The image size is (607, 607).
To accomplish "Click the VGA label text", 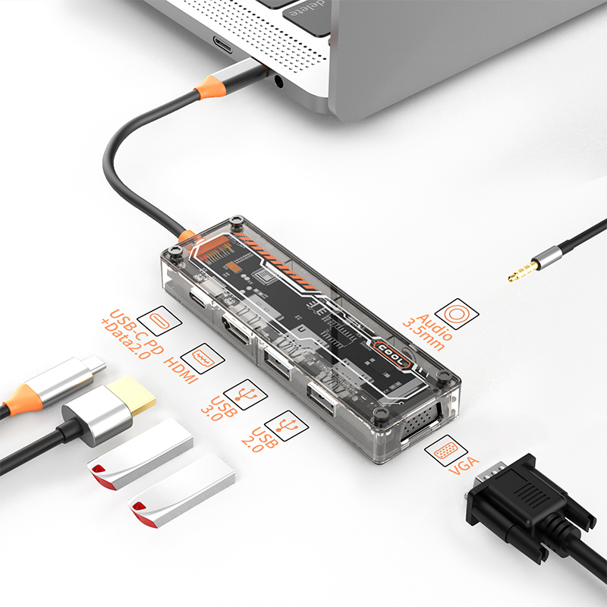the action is (x=464, y=465).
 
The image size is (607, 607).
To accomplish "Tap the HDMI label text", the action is (x=181, y=370).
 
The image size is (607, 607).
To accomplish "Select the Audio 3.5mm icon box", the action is (x=457, y=313).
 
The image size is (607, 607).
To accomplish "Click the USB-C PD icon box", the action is (x=159, y=320).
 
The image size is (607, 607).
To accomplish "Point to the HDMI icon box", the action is (x=203, y=358).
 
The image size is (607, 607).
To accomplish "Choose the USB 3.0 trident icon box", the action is (x=246, y=395).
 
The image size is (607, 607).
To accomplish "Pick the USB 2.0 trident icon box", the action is (x=287, y=426).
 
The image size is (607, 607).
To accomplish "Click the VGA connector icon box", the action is (x=446, y=451).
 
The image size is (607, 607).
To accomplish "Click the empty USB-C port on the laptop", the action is (x=222, y=45).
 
